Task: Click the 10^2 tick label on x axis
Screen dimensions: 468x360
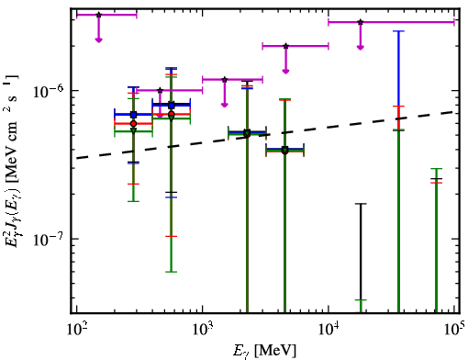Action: pyautogui.click(x=76, y=330)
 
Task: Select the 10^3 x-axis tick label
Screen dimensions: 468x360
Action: pyautogui.click(x=202, y=330)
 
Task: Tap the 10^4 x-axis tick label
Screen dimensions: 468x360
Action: pyautogui.click(x=329, y=330)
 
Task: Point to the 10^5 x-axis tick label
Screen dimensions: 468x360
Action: pyautogui.click(x=455, y=330)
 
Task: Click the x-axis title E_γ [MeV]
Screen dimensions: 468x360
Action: pyautogui.click(x=264, y=351)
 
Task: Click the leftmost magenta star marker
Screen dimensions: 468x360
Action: pyautogui.click(x=98, y=15)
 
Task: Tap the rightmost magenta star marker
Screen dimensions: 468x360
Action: pyautogui.click(x=361, y=22)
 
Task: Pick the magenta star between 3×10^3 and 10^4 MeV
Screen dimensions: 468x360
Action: pyautogui.click(x=285, y=46)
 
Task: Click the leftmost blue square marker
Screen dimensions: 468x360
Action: pyautogui.click(x=133, y=115)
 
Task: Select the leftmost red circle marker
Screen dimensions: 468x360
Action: pyautogui.click(x=133, y=124)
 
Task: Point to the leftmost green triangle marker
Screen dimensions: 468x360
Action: pyautogui.click(x=133, y=130)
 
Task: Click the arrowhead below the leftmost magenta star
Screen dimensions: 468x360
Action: pyautogui.click(x=98, y=39)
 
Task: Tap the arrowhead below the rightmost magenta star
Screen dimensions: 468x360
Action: pyautogui.click(x=361, y=47)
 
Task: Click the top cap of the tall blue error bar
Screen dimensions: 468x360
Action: pyautogui.click(x=398, y=31)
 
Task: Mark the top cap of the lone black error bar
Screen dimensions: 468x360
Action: pyautogui.click(x=361, y=204)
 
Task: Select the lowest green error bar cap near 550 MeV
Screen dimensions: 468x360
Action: pyautogui.click(x=172, y=272)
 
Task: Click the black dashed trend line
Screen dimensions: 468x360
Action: pyautogui.click(x=268, y=135)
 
